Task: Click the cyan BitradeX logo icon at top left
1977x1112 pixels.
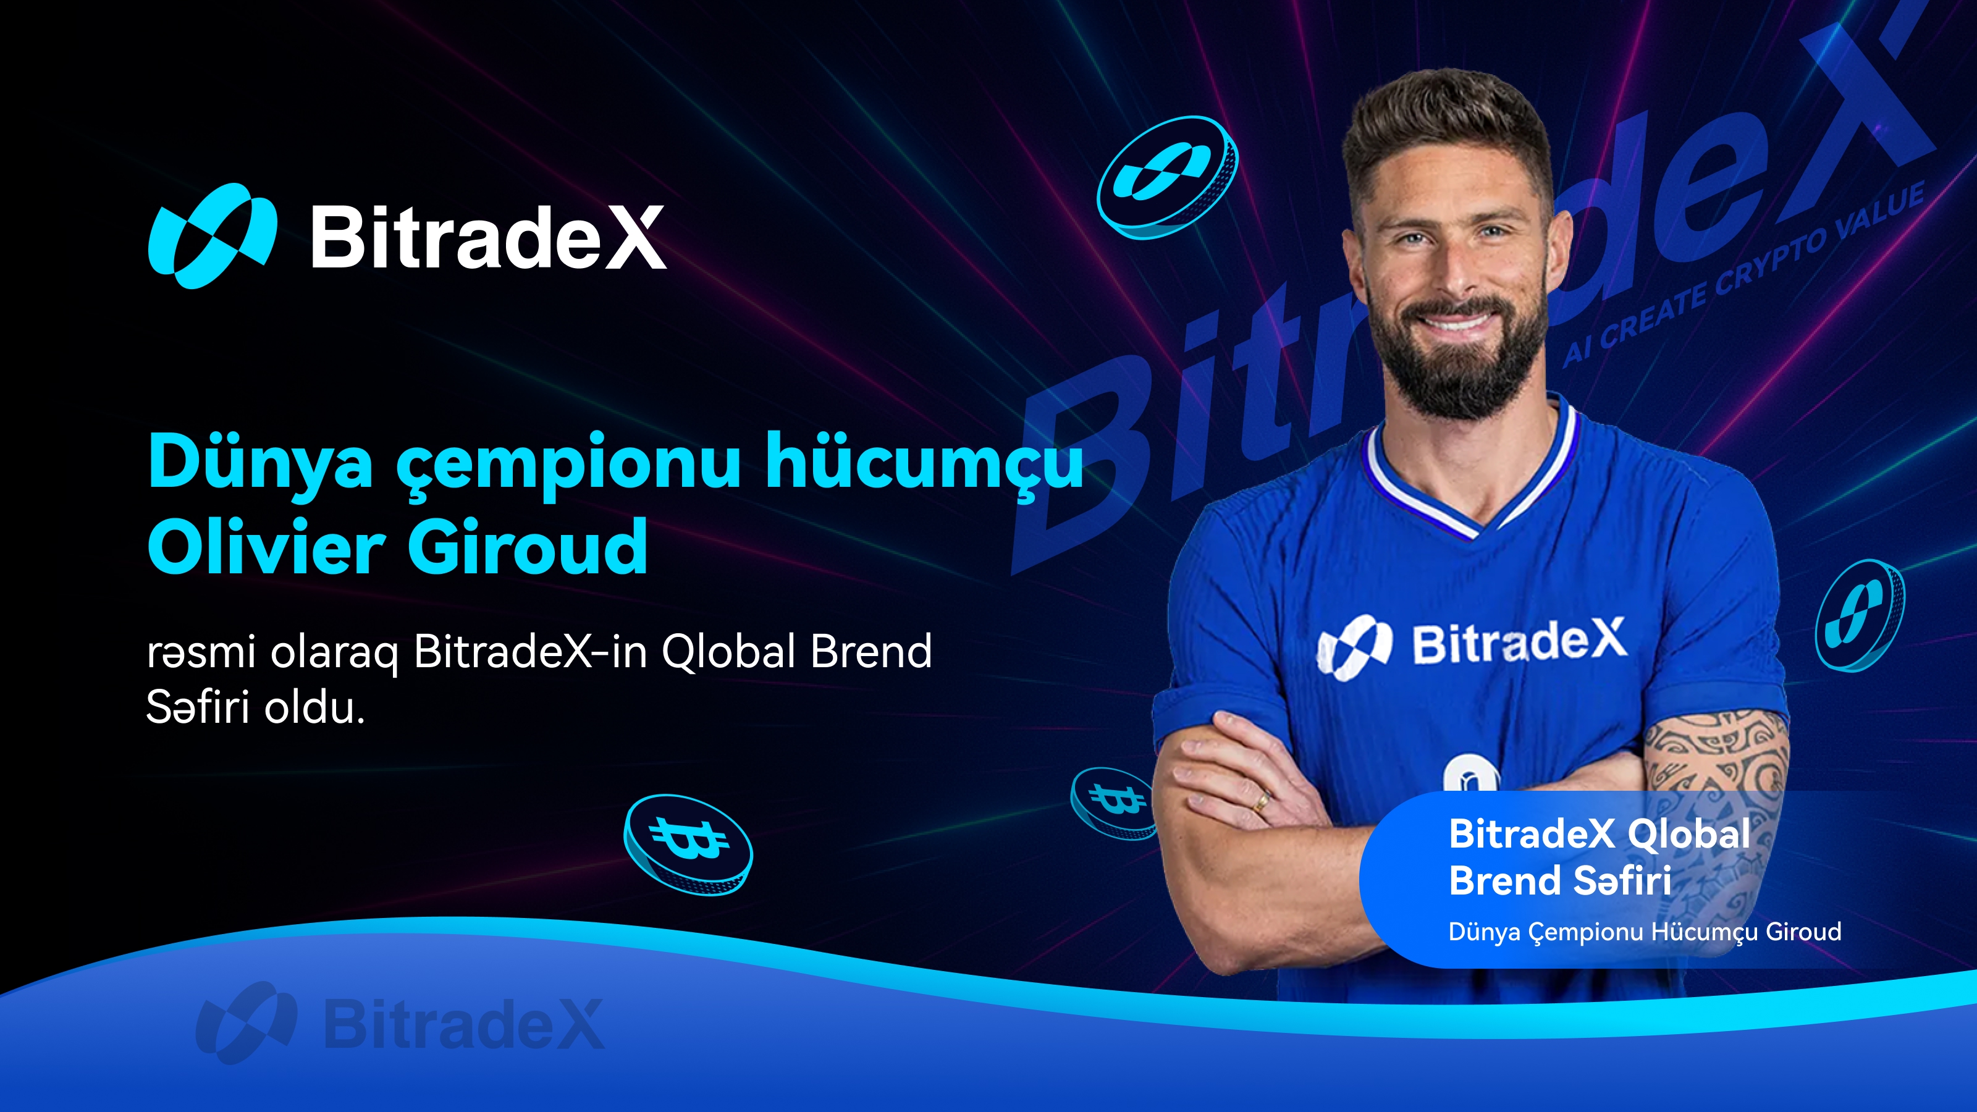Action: point(213,235)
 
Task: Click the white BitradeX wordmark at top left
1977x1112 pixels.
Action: point(488,237)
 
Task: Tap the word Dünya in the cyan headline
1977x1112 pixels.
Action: point(260,462)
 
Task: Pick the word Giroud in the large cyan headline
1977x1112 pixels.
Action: point(527,546)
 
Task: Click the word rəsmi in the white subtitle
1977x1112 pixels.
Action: point(201,652)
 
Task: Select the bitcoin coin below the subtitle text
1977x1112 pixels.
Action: point(688,844)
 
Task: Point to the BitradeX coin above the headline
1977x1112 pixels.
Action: point(1167,177)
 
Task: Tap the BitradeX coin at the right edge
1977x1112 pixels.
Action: point(1859,615)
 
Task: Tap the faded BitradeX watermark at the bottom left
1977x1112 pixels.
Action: point(399,1023)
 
